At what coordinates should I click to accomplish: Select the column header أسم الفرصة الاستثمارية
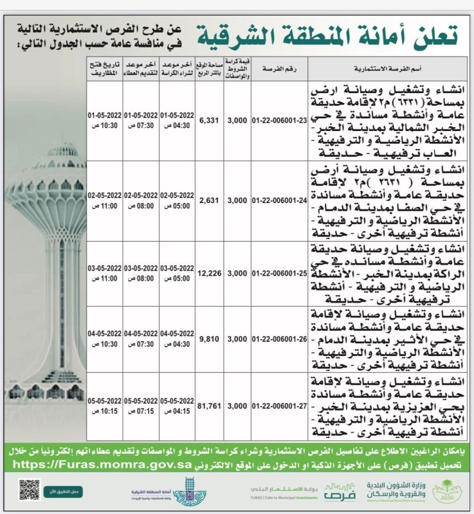[373, 67]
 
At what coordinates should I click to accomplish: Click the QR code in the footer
[29, 490]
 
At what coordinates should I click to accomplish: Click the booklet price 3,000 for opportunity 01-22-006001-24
[237, 200]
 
